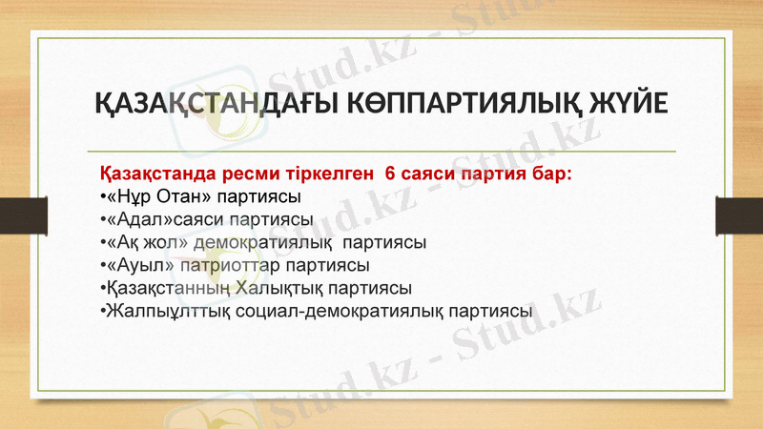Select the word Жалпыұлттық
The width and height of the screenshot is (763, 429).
165,310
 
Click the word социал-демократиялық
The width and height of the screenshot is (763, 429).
340,310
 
